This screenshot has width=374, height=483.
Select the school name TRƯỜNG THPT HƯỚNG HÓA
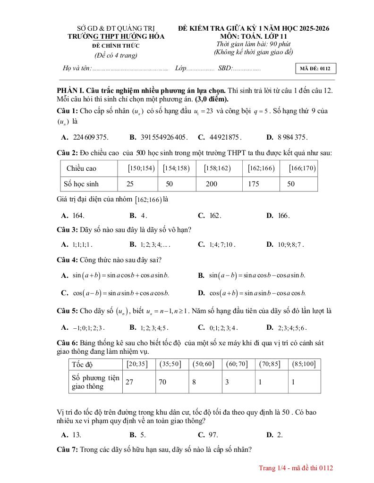click(116, 36)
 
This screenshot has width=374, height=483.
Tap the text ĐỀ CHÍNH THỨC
click(116, 46)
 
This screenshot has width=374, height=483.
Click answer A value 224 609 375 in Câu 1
click(91, 138)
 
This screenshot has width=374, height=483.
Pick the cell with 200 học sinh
click(212, 184)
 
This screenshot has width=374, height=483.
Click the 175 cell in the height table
click(254, 184)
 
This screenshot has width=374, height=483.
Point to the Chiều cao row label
click(81, 168)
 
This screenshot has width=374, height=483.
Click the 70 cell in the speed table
click(162, 382)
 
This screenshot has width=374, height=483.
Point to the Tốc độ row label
click(82, 364)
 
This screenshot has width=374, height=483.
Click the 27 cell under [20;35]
click(129, 382)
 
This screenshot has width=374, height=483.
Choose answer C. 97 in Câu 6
click(211, 435)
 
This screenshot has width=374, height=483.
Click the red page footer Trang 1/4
click(296, 468)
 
